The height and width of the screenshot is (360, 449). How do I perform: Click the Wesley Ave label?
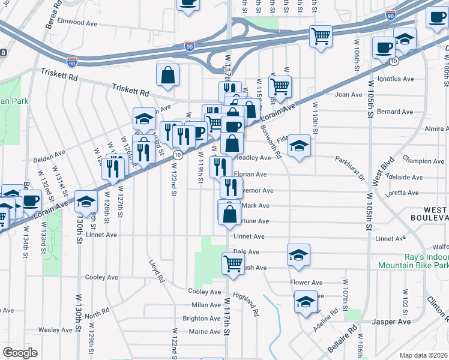55,330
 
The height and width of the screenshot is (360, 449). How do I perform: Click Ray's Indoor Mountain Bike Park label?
413,260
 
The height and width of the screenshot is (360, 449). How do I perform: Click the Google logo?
20,352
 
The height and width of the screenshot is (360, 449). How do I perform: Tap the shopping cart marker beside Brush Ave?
232,262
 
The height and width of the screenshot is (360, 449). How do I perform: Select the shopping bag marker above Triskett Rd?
167,74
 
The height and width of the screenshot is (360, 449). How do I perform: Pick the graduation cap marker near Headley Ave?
299,145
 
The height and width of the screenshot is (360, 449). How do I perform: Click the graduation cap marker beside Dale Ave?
298,254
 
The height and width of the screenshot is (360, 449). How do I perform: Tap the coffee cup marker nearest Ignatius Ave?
383,47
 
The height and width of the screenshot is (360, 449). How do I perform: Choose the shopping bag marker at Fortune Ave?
229,213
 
